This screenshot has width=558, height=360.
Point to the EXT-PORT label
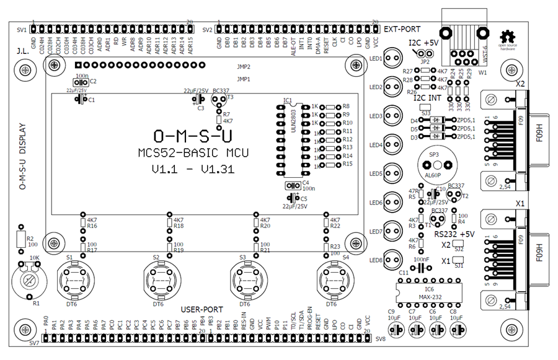[x=402, y=29]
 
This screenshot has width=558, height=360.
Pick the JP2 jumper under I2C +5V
[x=425, y=54]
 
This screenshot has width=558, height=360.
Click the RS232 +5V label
[x=454, y=234]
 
